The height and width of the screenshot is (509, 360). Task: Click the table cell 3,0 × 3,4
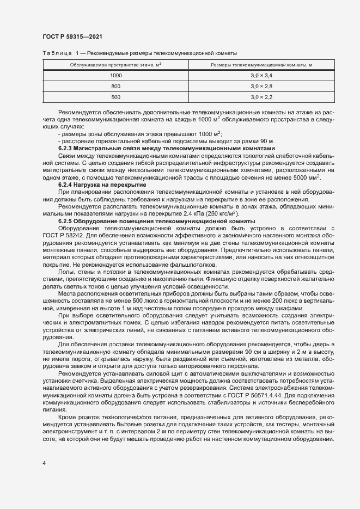[261, 75]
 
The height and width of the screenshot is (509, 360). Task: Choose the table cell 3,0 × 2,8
[261, 86]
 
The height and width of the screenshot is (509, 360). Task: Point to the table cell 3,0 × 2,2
[261, 97]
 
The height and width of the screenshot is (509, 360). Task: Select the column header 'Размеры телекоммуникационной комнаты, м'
[261, 65]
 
